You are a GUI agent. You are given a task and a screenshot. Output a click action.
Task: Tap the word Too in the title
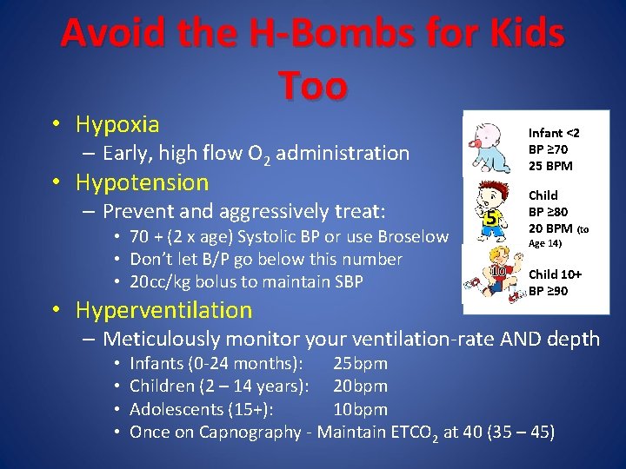(x=313, y=85)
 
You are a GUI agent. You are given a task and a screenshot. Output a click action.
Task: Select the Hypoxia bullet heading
(x=117, y=125)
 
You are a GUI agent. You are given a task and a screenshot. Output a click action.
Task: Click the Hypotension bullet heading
(x=142, y=182)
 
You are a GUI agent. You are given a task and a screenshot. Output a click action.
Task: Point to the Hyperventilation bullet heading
(x=163, y=309)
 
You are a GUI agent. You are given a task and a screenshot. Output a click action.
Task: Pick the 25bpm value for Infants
(x=360, y=363)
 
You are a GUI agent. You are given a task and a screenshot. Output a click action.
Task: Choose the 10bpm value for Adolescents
(x=360, y=409)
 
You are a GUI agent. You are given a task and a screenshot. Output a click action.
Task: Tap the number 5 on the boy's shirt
(x=491, y=219)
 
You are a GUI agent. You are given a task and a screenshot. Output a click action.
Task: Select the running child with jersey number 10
(x=490, y=278)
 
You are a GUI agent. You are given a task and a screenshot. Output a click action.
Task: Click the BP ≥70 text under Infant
(x=548, y=149)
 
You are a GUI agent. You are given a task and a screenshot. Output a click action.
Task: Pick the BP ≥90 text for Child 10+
(x=548, y=291)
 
